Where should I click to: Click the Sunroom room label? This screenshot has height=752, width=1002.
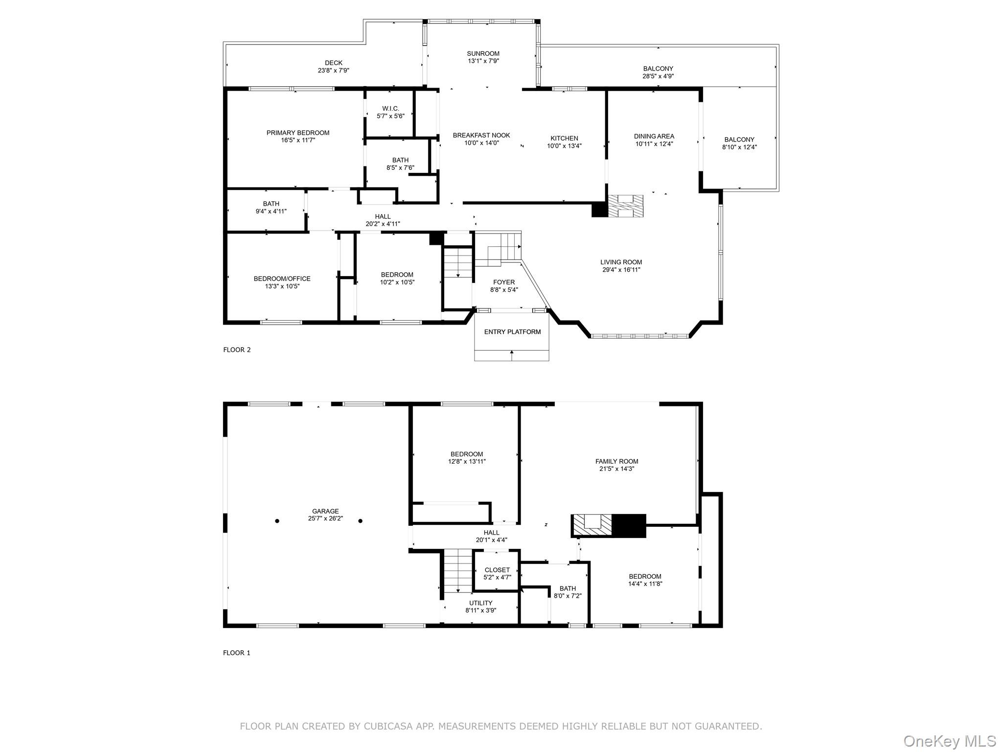pyautogui.click(x=482, y=54)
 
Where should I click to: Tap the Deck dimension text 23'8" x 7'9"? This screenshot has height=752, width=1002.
pyautogui.click(x=333, y=70)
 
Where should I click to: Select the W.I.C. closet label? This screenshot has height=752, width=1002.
pyautogui.click(x=390, y=109)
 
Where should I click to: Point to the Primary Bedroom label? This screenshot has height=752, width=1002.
pyautogui.click(x=297, y=133)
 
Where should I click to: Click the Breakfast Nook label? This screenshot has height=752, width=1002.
pyautogui.click(x=481, y=136)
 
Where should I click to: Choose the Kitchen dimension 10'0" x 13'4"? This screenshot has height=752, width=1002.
pyautogui.click(x=564, y=146)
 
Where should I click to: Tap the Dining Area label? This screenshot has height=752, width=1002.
pyautogui.click(x=654, y=137)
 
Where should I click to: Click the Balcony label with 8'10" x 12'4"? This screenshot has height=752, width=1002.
pyautogui.click(x=739, y=140)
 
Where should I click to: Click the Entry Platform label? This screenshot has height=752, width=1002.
pyautogui.click(x=512, y=332)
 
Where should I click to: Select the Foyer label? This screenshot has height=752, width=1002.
pyautogui.click(x=503, y=282)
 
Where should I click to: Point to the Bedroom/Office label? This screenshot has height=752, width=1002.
pyautogui.click(x=282, y=279)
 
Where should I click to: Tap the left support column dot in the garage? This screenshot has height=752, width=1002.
pyautogui.click(x=277, y=521)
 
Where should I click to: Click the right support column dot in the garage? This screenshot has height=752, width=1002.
pyautogui.click(x=360, y=521)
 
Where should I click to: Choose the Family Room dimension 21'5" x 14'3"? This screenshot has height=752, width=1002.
pyautogui.click(x=616, y=469)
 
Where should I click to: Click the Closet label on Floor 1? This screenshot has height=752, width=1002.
pyautogui.click(x=497, y=570)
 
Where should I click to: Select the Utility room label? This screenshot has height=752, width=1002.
pyautogui.click(x=480, y=603)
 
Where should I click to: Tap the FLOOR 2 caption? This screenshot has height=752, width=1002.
pyautogui.click(x=237, y=350)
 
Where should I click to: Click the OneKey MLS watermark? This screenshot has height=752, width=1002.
pyautogui.click(x=949, y=741)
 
